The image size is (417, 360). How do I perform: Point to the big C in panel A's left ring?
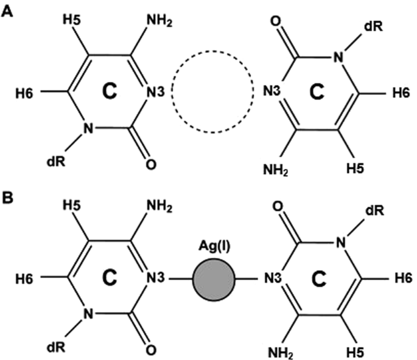click(x=108, y=91)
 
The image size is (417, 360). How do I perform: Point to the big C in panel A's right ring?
click(x=318, y=92)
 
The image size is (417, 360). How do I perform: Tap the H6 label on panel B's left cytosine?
click(x=24, y=279)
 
